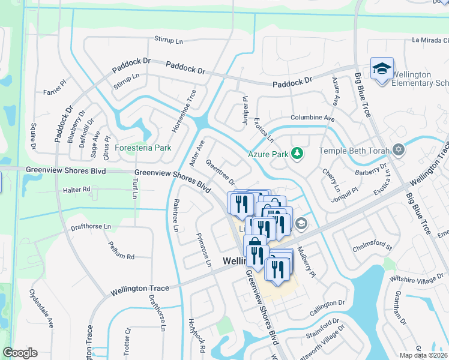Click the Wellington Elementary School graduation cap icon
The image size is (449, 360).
click(381, 70)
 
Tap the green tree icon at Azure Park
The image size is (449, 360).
click(297, 154)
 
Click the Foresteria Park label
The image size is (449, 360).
click(143, 148)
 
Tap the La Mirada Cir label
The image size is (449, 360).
click(430, 41)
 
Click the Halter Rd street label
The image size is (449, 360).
click(76, 189)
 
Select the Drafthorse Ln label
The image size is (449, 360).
click(91, 226)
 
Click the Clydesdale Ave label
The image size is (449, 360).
click(41, 308)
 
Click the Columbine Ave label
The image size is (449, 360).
click(312, 118)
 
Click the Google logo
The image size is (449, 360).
click(20, 353)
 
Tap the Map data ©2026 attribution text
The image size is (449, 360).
click(424, 355)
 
